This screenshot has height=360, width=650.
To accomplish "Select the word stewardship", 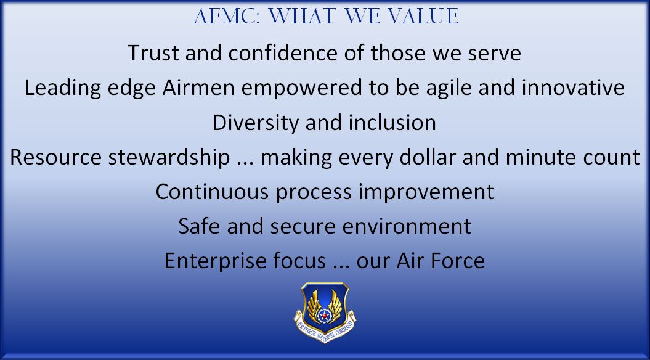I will coord(169,157).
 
